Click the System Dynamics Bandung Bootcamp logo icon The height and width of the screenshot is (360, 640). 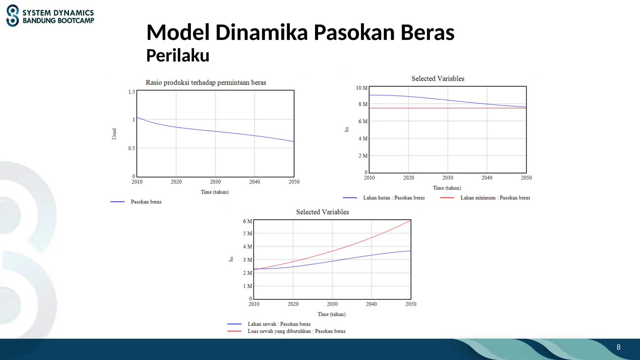tap(12, 16)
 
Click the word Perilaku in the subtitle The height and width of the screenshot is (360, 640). tap(177, 56)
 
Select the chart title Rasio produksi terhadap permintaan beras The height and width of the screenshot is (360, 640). tap(206, 82)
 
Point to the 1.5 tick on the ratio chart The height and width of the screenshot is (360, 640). tap(132, 92)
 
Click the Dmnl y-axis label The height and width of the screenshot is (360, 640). tap(114, 134)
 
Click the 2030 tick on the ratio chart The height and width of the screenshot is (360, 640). tap(215, 182)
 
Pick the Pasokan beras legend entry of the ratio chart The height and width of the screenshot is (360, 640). tap(146, 202)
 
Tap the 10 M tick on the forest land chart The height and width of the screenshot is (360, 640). tap(362, 88)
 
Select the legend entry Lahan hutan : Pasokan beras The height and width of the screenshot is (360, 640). tap(394, 198)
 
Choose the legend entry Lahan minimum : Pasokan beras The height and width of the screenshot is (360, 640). tap(495, 198)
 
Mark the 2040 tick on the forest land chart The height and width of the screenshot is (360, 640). tap(487, 178)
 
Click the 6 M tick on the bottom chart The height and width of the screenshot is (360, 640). tap(247, 221)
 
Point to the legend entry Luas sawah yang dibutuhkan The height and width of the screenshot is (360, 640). tap(296, 331)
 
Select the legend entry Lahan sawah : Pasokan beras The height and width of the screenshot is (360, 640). tap(279, 324)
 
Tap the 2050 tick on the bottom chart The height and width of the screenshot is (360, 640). tap(411, 304)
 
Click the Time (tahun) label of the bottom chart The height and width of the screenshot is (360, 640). tap(332, 314)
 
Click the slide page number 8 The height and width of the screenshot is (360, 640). tap(618, 347)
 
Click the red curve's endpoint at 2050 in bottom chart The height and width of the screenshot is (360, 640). tap(410, 221)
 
